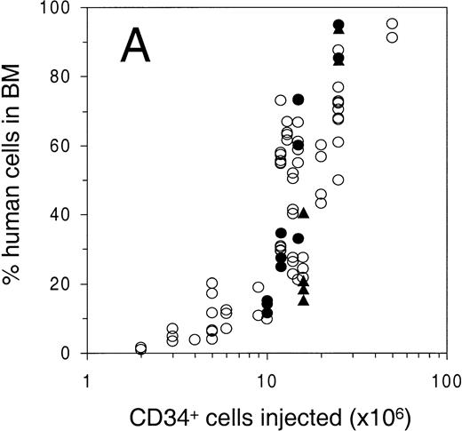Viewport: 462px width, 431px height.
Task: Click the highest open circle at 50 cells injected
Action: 392,24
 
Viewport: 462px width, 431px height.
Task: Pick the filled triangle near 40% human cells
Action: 304,213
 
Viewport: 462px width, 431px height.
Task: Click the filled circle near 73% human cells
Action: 299,100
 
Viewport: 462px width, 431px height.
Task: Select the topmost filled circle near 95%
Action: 339,24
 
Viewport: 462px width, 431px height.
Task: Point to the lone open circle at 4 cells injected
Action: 195,339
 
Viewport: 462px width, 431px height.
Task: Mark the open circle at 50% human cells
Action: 339,180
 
